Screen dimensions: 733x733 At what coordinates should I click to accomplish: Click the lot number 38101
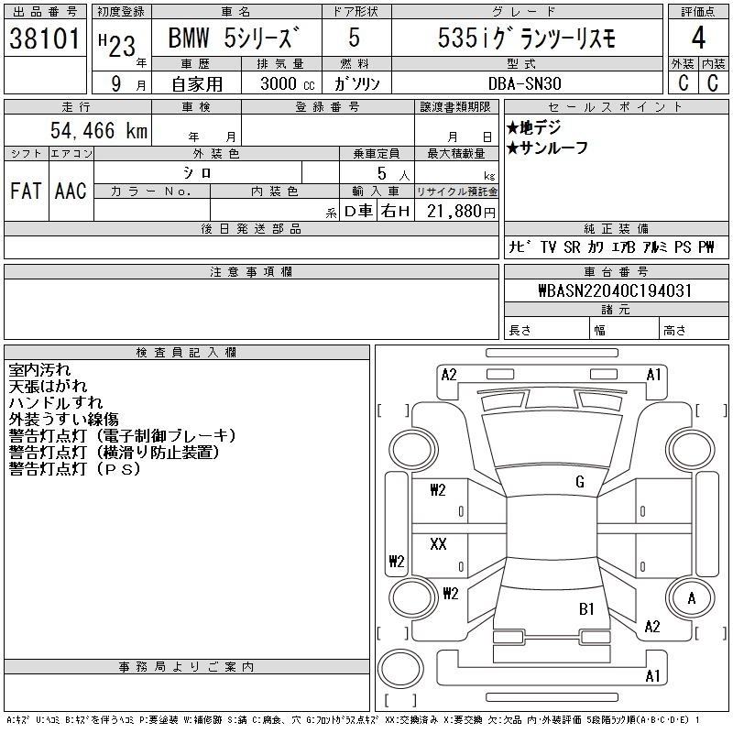pyautogui.click(x=45, y=38)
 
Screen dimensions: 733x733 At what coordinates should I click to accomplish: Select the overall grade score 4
pyautogui.click(x=698, y=38)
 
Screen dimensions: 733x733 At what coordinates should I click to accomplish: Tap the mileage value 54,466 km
pyautogui.click(x=99, y=130)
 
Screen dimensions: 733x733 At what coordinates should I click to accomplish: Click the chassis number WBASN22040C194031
pyautogui.click(x=615, y=290)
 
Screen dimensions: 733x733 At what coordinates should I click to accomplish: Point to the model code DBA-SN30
pyautogui.click(x=524, y=83)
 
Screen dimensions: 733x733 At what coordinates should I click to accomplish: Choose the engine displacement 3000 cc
pyautogui.click(x=288, y=83)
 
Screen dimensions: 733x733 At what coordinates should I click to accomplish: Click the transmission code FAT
pyautogui.click(x=26, y=191)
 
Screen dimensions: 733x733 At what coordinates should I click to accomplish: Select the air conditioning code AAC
pyautogui.click(x=71, y=191)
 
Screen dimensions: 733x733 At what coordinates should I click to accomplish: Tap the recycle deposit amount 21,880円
pyautogui.click(x=461, y=212)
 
